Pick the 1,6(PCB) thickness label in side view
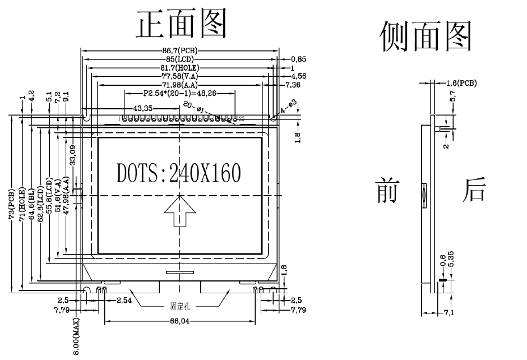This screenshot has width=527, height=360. point(461,83)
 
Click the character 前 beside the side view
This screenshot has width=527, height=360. point(387,191)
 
